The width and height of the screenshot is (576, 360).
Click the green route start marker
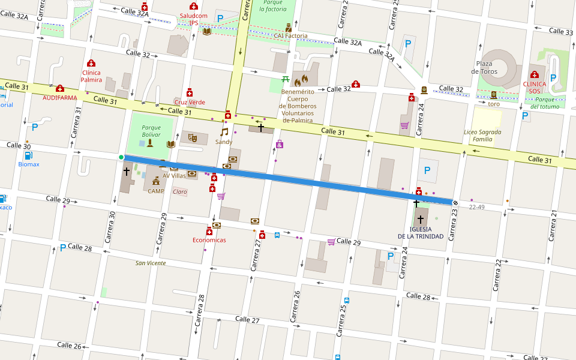(x=121, y=157)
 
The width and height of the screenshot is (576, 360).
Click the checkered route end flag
(x=455, y=203)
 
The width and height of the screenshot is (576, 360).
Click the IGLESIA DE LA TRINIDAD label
(x=421, y=232)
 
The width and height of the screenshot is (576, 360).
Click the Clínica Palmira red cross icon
(x=91, y=63)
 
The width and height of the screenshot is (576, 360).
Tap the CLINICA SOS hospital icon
(x=535, y=74)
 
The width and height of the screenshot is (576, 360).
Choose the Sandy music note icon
(x=224, y=132)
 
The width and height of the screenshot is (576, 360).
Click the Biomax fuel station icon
(x=27, y=154)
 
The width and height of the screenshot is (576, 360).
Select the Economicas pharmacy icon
(x=209, y=231)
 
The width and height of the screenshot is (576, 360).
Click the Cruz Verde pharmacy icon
(x=190, y=92)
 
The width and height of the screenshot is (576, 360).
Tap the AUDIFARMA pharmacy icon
(x=59, y=88)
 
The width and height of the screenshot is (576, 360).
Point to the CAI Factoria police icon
(x=289, y=27)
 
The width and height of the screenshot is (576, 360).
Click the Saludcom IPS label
(x=193, y=19)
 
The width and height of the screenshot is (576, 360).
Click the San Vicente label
(x=150, y=263)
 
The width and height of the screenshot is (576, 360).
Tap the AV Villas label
(x=174, y=176)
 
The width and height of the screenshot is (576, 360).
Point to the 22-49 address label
(x=476, y=207)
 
